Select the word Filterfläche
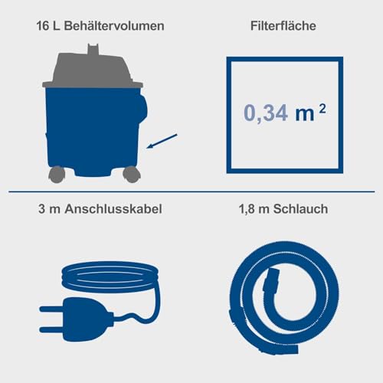(285, 25)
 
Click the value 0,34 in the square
(264, 114)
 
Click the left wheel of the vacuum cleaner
(56, 175)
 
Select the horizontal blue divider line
(191, 191)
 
